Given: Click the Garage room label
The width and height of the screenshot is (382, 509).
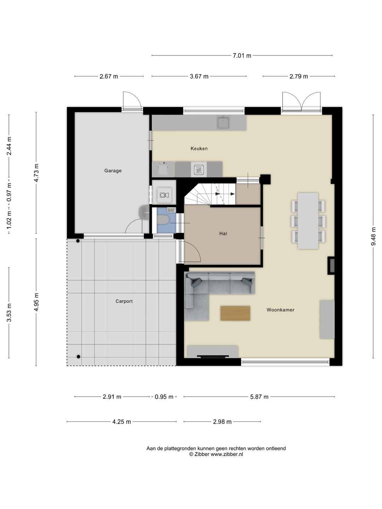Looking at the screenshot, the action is (x=113, y=171).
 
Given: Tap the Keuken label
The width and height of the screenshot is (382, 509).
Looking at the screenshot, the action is (x=199, y=148).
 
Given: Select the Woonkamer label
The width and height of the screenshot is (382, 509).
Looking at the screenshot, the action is (x=280, y=310).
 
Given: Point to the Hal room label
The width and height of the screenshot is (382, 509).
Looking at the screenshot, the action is (x=223, y=234).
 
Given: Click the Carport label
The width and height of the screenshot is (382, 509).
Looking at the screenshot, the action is (x=124, y=301).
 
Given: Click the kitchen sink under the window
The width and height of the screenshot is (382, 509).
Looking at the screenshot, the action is (x=223, y=122).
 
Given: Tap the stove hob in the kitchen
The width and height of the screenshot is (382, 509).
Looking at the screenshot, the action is (x=199, y=170).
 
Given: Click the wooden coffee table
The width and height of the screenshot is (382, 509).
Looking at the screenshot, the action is (x=235, y=313).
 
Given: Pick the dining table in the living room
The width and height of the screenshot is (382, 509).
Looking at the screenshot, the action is (x=308, y=221).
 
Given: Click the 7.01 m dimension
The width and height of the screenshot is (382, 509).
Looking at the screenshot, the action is (x=242, y=55).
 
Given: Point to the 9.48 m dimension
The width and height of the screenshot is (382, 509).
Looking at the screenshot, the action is (x=373, y=236).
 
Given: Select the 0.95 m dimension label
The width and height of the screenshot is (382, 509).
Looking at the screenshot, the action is (x=164, y=397).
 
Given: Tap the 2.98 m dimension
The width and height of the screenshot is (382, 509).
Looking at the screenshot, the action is (x=222, y=422).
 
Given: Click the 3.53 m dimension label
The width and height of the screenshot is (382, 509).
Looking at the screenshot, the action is (x=9, y=313).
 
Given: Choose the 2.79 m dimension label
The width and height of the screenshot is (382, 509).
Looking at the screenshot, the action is (x=299, y=76).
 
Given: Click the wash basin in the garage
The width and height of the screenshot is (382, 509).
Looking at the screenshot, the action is (x=144, y=212).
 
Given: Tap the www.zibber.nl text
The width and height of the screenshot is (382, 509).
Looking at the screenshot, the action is (x=227, y=454).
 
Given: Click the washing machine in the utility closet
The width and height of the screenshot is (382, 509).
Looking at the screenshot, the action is (x=164, y=195).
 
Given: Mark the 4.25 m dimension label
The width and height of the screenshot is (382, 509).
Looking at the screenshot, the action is (x=122, y=422).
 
